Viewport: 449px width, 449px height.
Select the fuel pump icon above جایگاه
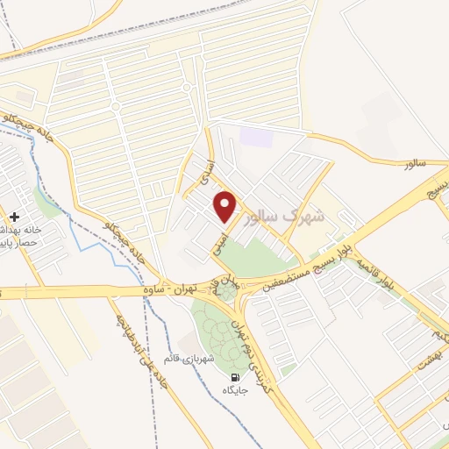click(234, 377)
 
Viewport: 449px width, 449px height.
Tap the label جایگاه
click(235, 390)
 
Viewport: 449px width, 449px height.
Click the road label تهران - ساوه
click(170, 289)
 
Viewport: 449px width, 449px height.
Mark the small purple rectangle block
click(256, 138)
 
